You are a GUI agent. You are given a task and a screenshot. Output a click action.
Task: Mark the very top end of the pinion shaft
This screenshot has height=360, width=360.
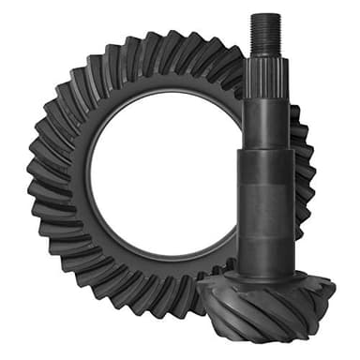coord(266,16)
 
